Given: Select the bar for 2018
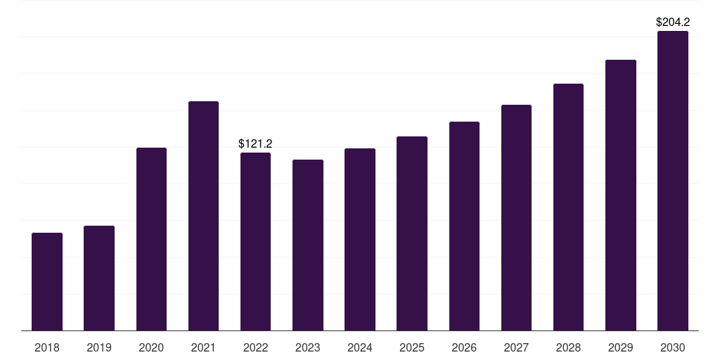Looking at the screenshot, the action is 47,281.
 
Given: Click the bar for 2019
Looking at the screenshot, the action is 99,278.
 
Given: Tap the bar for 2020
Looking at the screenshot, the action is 151,239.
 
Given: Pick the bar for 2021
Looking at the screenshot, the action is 203,216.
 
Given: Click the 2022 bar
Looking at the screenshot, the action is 255,242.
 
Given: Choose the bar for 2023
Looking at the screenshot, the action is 308,245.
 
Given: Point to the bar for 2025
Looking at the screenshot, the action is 412,233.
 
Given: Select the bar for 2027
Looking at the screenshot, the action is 516,218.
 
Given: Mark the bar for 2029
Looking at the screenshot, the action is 620,195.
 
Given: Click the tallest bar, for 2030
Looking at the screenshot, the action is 673,181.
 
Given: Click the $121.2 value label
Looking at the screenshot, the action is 255,143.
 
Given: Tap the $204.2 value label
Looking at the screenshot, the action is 673,22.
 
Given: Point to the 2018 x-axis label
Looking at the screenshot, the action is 47,347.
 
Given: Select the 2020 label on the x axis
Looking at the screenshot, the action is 151,347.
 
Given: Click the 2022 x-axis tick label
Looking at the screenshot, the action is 255,347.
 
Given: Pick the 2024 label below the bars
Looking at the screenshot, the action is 359,347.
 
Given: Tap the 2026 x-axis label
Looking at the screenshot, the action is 464,347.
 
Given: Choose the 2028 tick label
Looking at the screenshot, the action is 568,347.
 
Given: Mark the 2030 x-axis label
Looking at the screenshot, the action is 673,347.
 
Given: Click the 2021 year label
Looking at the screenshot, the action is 203,347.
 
